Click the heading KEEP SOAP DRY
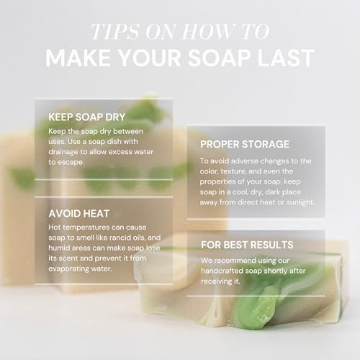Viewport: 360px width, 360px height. (x=86, y=117)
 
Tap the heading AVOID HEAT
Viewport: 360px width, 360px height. (x=79, y=214)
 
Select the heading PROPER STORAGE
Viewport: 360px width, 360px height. (x=245, y=144)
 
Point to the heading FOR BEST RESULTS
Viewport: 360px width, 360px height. (x=247, y=245)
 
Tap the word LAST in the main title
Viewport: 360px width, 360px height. (x=286, y=58)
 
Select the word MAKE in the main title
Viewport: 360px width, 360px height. (x=78, y=58)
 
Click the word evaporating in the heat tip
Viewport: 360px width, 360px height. (x=66, y=269)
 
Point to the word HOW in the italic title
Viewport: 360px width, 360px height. (x=207, y=32)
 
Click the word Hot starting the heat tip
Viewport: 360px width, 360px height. (x=54, y=228)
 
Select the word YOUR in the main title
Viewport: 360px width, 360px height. (x=149, y=58)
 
